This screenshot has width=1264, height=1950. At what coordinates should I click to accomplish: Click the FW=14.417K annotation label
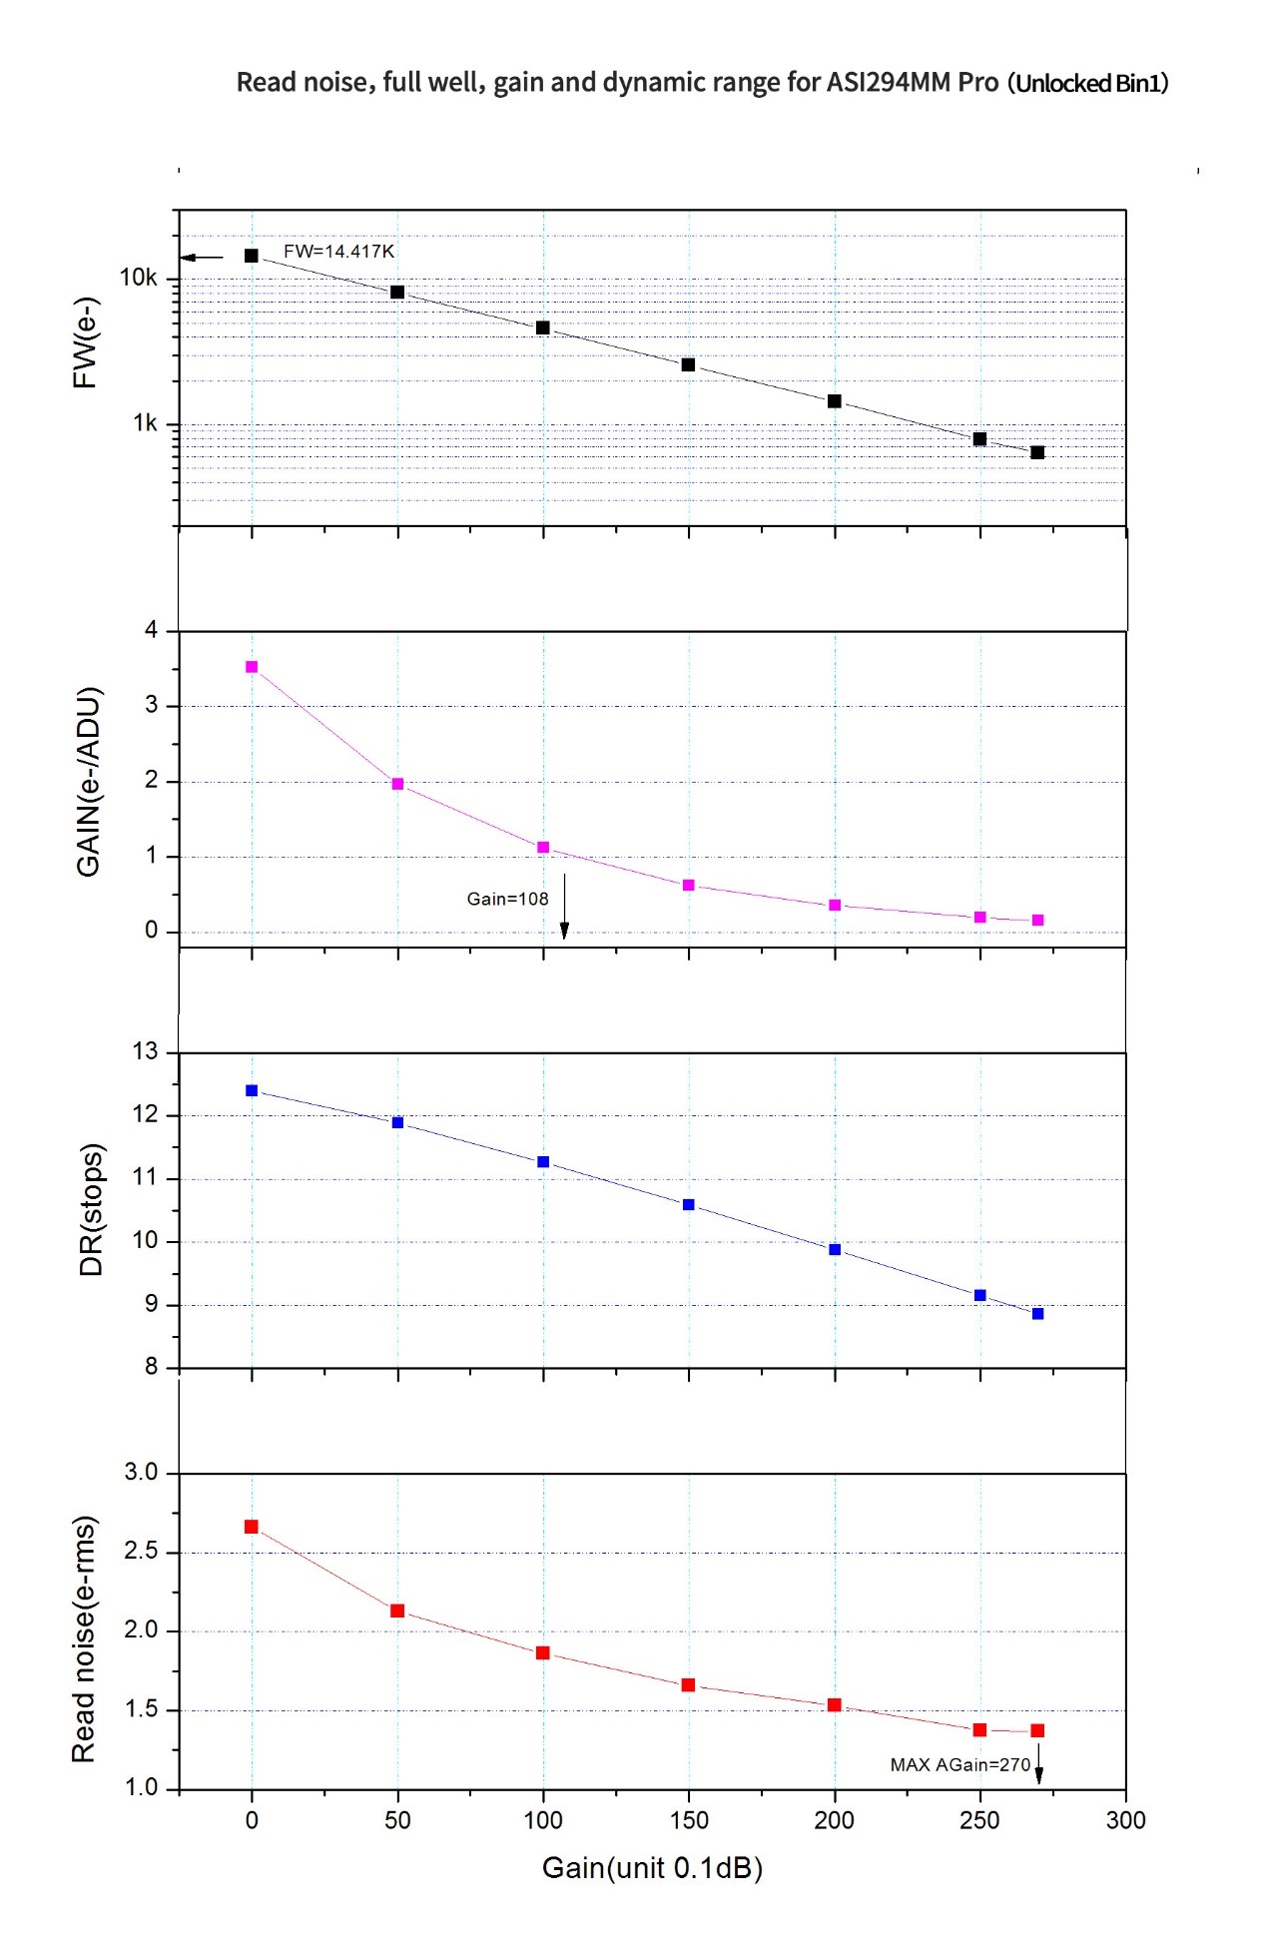point(338,252)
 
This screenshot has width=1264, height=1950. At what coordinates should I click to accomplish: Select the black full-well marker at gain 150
point(688,365)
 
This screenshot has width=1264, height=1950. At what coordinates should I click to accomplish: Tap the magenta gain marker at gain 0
point(252,667)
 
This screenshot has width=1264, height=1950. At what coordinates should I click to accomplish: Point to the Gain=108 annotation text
point(507,899)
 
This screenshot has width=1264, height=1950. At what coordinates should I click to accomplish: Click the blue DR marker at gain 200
point(835,1250)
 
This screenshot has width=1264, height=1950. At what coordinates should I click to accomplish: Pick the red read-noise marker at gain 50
point(397,1611)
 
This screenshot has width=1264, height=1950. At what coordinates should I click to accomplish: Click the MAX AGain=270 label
point(959,1764)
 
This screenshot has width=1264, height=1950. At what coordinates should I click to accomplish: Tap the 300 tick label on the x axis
point(1125,1820)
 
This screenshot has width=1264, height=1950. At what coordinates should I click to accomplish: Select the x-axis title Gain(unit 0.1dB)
point(652,1867)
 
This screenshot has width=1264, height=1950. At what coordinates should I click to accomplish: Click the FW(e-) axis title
point(86,342)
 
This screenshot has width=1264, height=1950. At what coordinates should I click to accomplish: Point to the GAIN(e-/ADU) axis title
point(89,782)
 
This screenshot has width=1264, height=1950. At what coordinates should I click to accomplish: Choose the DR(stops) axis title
point(91,1210)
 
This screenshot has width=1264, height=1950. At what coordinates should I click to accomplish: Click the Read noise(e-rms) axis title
point(84,1638)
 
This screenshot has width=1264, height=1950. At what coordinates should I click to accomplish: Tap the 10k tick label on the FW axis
point(138,278)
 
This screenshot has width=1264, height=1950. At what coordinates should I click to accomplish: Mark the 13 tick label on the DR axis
point(146,1051)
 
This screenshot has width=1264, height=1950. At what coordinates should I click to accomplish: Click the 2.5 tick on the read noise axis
point(141,1551)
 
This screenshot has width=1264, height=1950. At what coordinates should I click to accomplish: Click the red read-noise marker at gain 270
point(1037,1730)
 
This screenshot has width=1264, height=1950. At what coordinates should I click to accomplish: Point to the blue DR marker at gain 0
point(252,1090)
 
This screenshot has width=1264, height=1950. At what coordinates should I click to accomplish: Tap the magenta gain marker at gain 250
point(979,918)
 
